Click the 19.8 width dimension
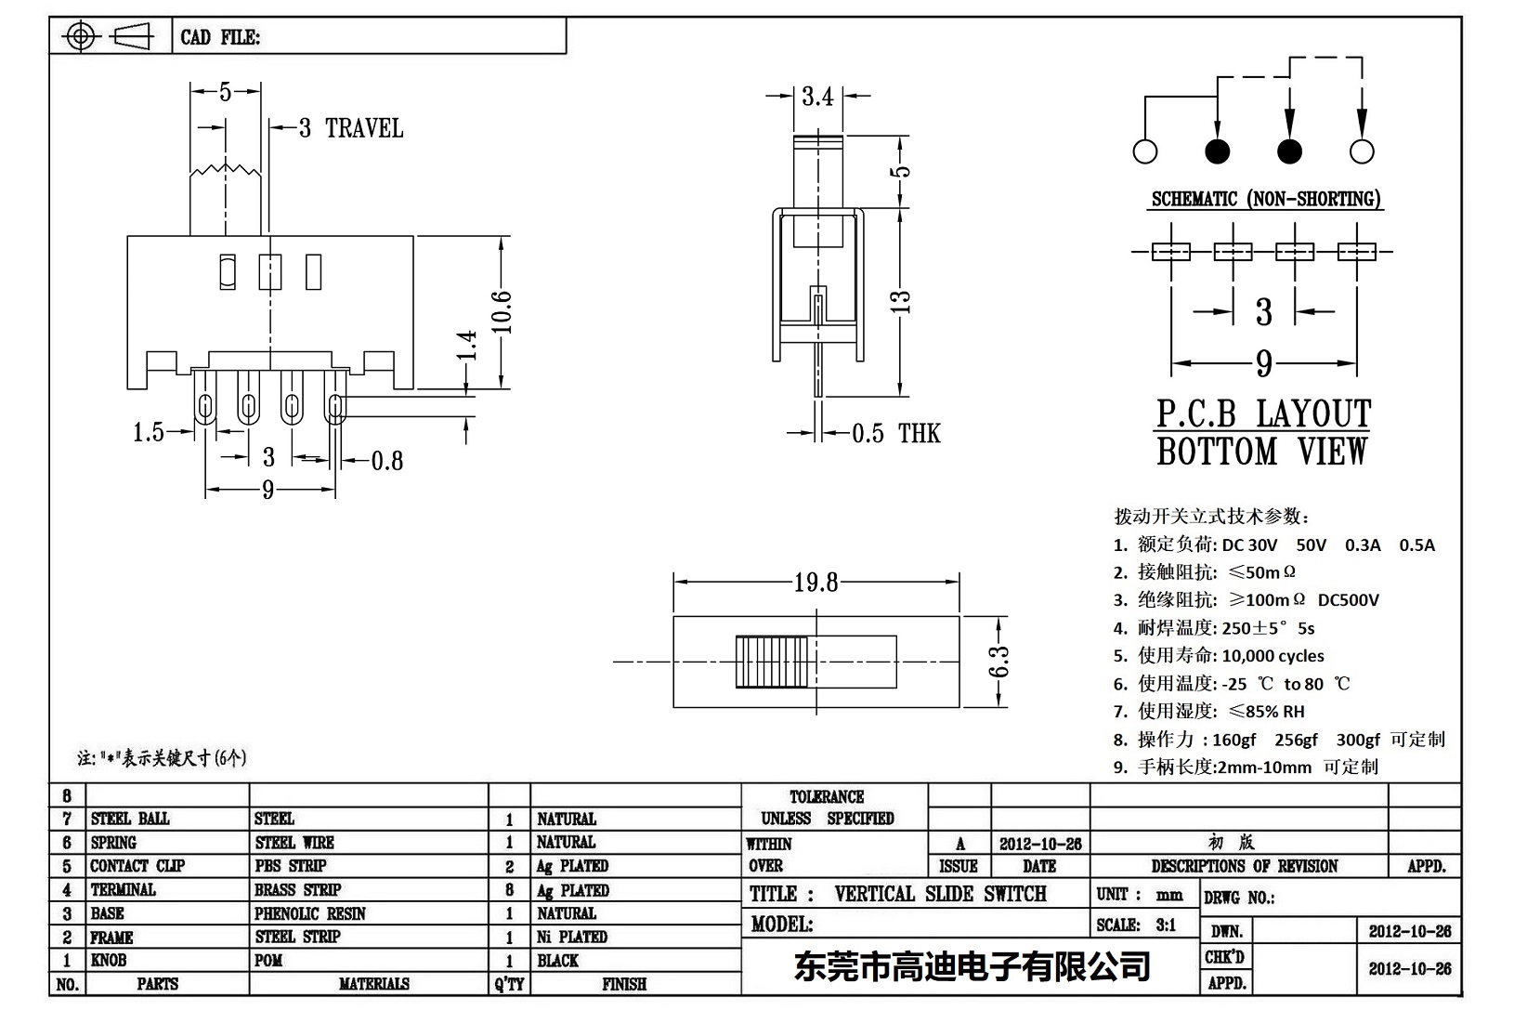(x=816, y=583)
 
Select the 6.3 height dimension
(x=998, y=662)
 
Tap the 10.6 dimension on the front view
(x=502, y=311)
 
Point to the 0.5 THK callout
(x=895, y=433)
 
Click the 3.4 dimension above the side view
(x=817, y=97)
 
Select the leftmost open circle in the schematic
(x=1145, y=151)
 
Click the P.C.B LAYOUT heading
(x=1262, y=414)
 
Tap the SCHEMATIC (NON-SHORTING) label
(x=1265, y=199)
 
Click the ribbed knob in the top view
(x=774, y=662)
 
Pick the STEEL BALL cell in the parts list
(x=130, y=819)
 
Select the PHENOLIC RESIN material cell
(x=309, y=913)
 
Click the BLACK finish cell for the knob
(x=557, y=961)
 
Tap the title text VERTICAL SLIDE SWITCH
(x=940, y=894)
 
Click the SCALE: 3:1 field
(x=1136, y=925)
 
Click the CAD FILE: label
(x=220, y=37)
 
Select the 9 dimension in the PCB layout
(x=1263, y=363)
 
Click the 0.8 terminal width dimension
(x=386, y=461)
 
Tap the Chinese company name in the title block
(x=972, y=966)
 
